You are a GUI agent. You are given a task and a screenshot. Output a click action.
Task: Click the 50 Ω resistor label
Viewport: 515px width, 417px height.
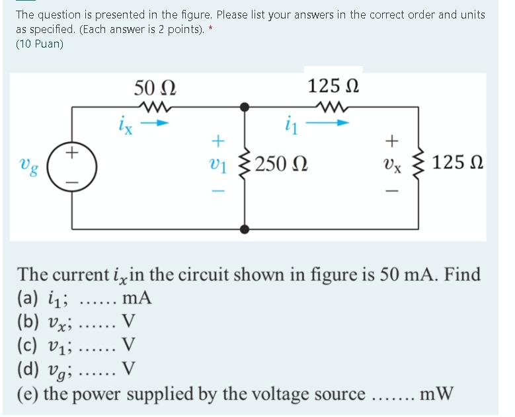pos(155,87)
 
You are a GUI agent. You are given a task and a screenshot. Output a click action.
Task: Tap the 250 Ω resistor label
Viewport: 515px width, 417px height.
pos(277,163)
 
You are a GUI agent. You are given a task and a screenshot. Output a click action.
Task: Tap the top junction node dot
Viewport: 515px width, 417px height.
pos(245,106)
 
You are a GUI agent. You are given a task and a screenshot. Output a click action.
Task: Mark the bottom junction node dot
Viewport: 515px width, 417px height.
pos(245,229)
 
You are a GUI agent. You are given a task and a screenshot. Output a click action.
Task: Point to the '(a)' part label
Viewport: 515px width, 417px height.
pos(28,299)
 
